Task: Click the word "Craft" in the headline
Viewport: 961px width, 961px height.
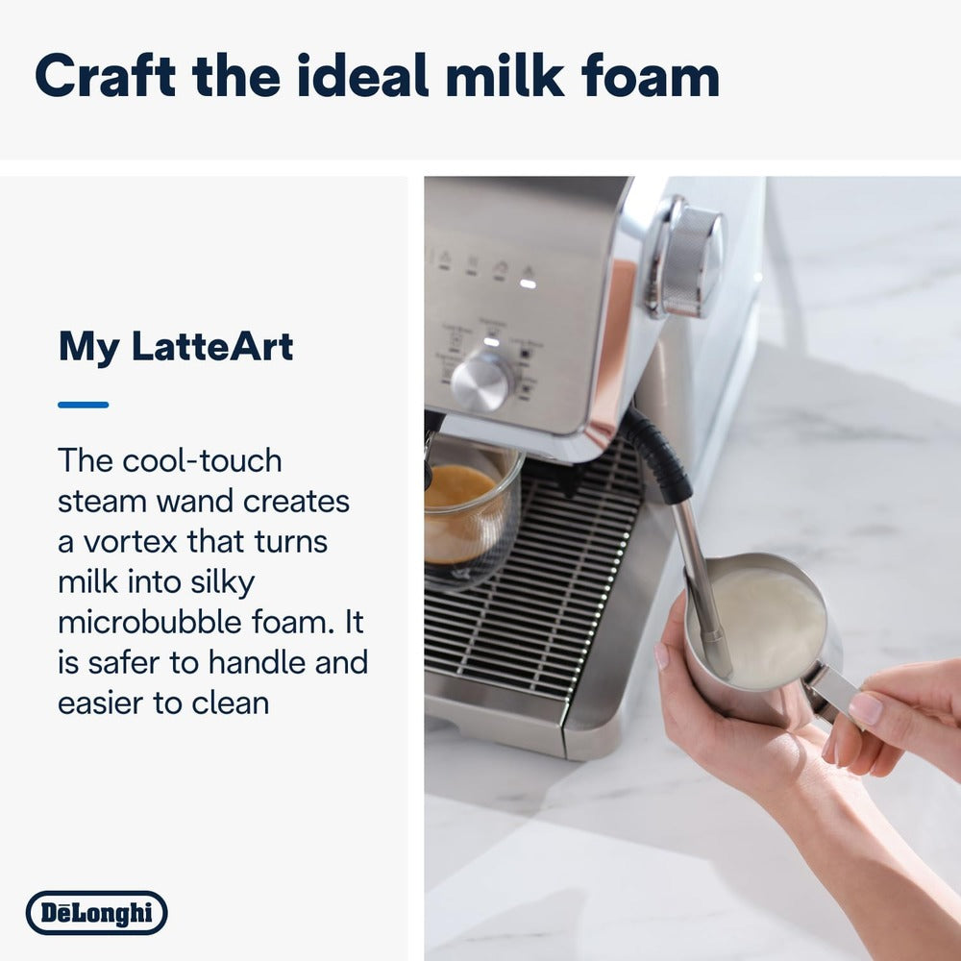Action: [x=104, y=76]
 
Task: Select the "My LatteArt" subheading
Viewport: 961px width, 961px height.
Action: [x=176, y=346]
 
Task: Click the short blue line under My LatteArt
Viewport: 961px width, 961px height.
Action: [x=83, y=405]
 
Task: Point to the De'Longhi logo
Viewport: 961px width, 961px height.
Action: [x=96, y=912]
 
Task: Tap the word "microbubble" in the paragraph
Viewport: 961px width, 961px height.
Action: [x=160, y=622]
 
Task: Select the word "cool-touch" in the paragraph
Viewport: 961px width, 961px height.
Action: [x=202, y=460]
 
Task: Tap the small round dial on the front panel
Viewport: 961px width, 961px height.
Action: [x=480, y=382]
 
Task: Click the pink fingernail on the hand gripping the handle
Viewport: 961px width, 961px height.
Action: [x=865, y=708]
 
